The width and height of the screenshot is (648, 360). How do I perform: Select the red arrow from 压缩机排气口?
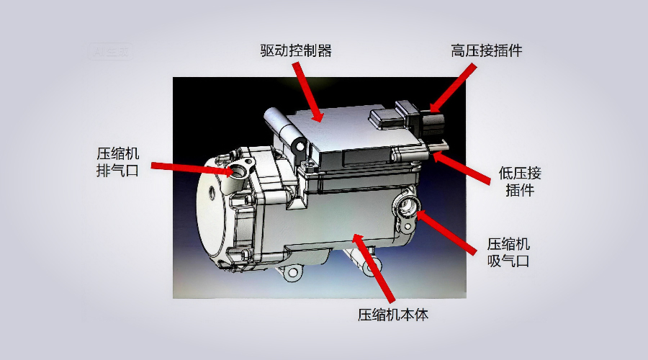pyautogui.click(x=190, y=168)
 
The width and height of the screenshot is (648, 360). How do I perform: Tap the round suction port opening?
pyautogui.click(x=406, y=209)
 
